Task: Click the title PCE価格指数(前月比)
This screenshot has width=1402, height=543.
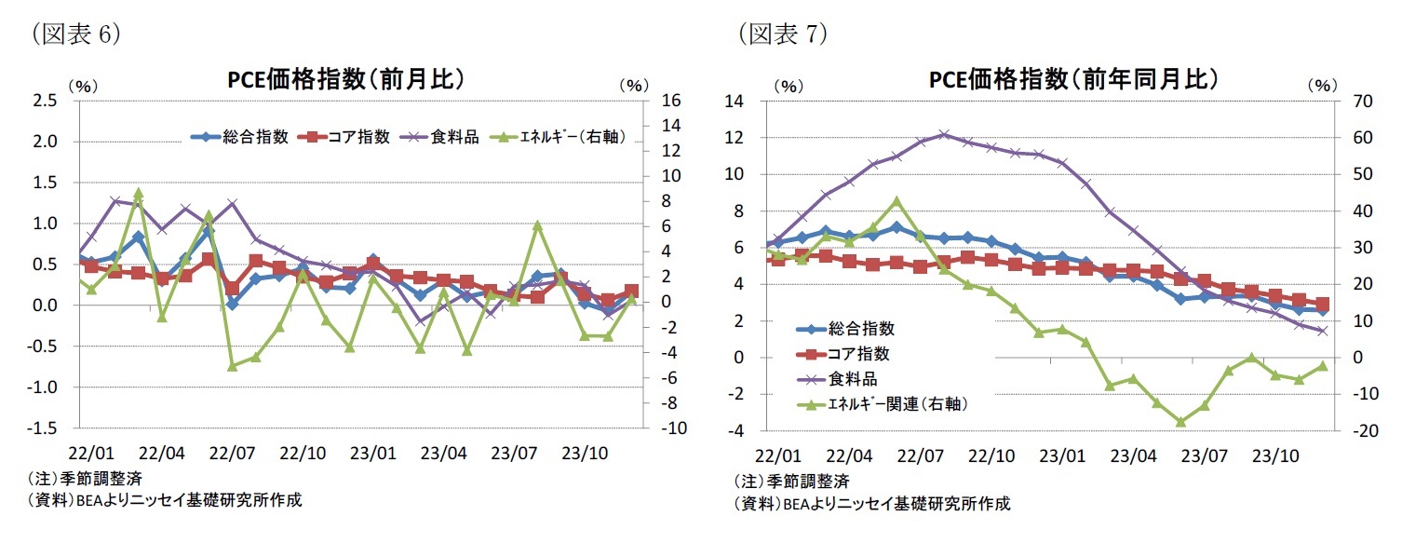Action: tap(346, 80)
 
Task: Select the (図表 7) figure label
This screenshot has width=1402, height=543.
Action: tap(783, 34)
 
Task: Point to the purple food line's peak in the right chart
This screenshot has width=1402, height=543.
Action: tap(944, 134)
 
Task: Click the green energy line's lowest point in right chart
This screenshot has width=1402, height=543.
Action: tap(1180, 422)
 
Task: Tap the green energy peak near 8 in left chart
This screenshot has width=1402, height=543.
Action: tap(138, 193)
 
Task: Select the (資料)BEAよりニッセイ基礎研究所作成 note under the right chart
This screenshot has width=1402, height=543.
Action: tap(871, 504)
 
